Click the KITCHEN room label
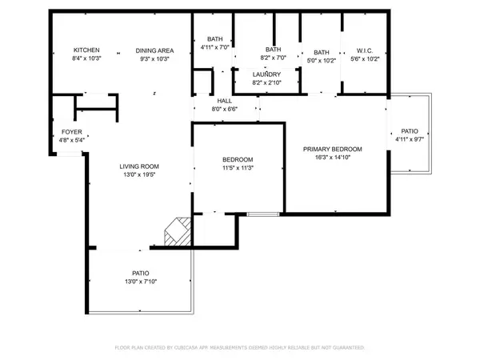click(x=86, y=50)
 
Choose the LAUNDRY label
click(x=267, y=74)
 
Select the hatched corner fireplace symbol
click(x=177, y=232)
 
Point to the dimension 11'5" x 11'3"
click(x=238, y=168)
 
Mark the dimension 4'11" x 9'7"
click(x=408, y=139)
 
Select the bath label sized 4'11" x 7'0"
click(x=214, y=38)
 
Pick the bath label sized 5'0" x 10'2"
click(x=322, y=50)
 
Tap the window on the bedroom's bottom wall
click(x=262, y=214)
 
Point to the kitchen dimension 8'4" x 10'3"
click(x=86, y=58)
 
